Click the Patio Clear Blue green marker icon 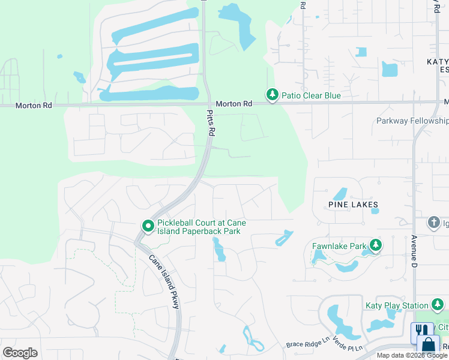[x=272, y=95]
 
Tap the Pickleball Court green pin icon [x=148, y=226]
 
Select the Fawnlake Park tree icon [x=376, y=245]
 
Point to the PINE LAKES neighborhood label [x=353, y=205]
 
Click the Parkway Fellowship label [x=412, y=121]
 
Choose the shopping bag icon [x=429, y=345]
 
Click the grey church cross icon [x=434, y=223]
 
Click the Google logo [x=20, y=353]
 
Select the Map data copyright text [x=412, y=355]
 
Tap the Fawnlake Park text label [x=339, y=246]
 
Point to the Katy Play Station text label [x=397, y=306]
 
